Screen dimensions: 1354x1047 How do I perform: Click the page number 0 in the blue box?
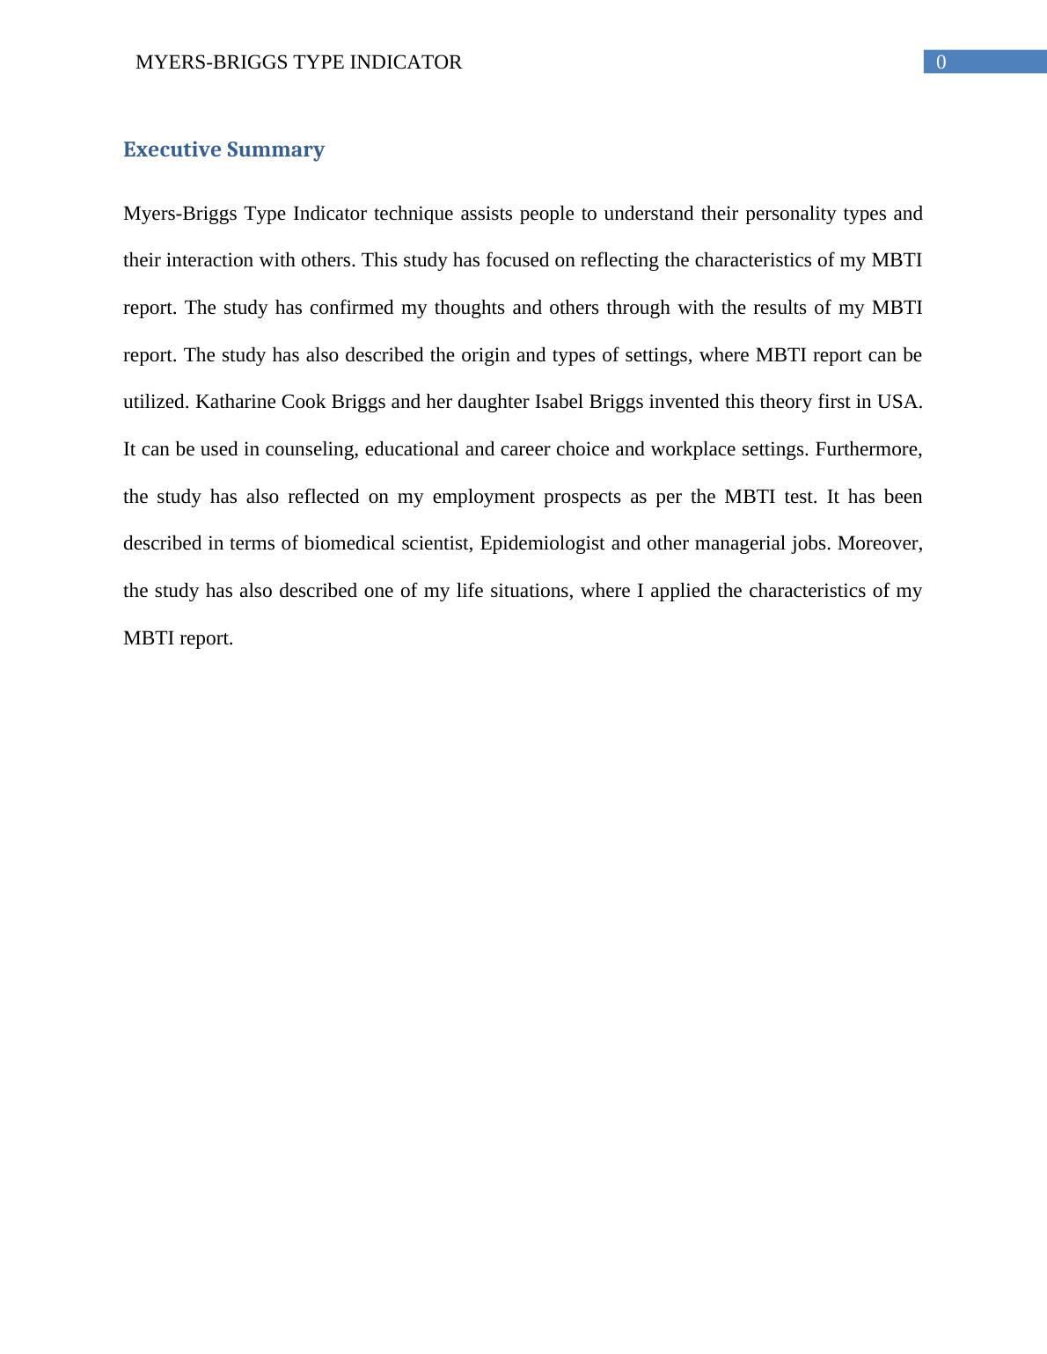click(941, 62)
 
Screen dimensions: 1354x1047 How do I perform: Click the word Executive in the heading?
click(172, 149)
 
